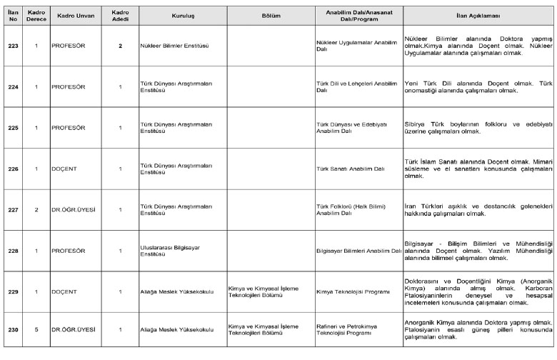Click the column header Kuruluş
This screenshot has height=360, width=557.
(x=183, y=14)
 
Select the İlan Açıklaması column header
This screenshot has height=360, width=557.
(x=478, y=14)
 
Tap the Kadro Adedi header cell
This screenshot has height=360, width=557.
(x=120, y=14)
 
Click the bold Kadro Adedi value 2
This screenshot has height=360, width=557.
(x=120, y=45)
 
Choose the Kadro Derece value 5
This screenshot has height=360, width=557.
(x=36, y=329)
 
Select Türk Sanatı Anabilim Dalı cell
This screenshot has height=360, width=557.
(x=350, y=169)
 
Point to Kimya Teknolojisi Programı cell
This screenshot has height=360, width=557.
(x=348, y=292)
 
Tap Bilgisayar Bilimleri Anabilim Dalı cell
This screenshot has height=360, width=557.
(x=358, y=251)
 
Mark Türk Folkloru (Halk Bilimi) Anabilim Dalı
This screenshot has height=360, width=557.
(x=347, y=209)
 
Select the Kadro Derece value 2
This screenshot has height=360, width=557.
(x=36, y=209)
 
